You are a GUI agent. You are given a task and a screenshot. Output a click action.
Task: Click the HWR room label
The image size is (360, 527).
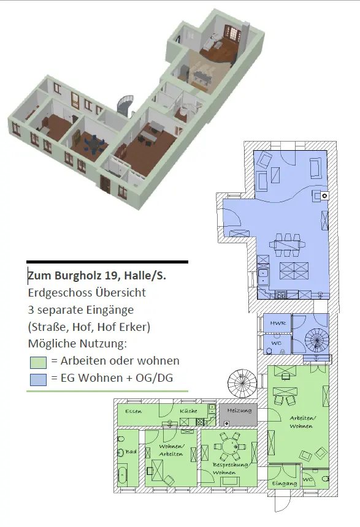point(278,323)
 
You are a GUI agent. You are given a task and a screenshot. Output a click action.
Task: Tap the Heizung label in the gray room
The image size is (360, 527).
point(239,411)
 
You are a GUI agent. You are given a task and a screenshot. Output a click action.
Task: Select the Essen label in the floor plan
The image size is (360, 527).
point(133,411)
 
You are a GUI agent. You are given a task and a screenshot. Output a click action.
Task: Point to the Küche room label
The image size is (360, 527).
point(188,411)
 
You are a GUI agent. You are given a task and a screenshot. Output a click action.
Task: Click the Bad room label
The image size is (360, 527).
point(131,452)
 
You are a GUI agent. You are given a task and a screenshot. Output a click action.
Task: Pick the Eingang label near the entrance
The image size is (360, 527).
point(285,483)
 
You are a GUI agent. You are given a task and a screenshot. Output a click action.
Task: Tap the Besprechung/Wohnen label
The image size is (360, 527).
point(230,469)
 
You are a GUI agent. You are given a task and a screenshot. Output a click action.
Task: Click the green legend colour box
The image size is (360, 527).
point(38,362)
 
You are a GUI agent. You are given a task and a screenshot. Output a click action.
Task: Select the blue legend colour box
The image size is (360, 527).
point(38,379)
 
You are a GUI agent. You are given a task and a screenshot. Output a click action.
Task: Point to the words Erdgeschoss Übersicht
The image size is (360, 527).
point(87,292)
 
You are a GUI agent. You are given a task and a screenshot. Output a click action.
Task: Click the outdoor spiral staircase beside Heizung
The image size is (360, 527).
point(242,382)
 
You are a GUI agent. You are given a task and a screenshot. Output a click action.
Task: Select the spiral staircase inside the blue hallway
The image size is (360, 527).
point(316,340)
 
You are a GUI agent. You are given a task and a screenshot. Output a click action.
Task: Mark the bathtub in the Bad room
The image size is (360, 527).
point(123,474)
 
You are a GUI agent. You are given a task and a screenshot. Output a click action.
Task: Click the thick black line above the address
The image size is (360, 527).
point(107,262)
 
